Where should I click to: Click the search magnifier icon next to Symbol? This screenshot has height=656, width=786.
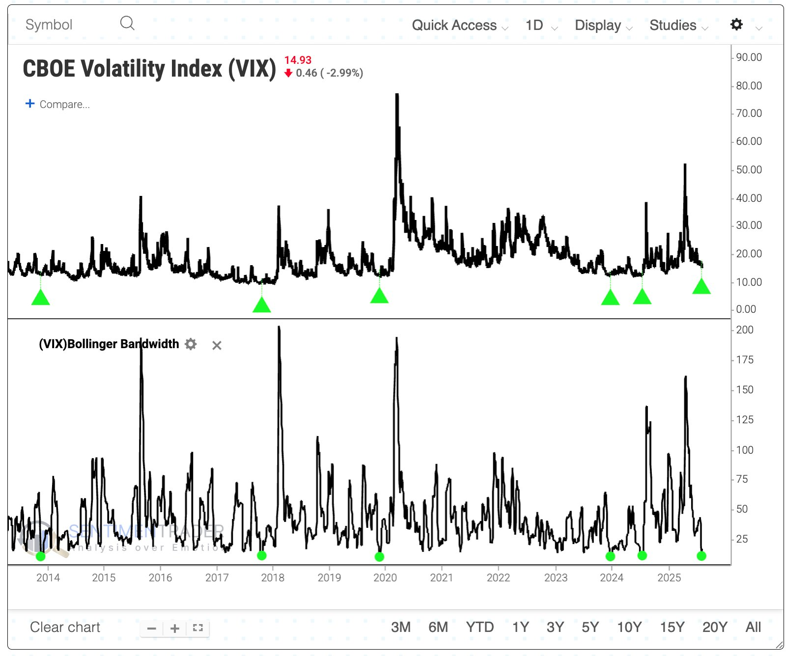(x=127, y=23)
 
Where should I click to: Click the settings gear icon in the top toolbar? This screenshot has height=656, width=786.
(x=736, y=25)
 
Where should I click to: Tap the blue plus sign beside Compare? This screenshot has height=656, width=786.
(x=30, y=104)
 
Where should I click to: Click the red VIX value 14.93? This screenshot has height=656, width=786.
(x=298, y=60)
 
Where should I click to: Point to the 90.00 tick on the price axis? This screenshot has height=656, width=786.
(x=749, y=57)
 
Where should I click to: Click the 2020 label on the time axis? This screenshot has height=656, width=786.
(x=385, y=578)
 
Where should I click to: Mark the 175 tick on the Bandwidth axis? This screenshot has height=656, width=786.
(x=745, y=360)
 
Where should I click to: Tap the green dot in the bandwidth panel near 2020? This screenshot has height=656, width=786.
(x=379, y=557)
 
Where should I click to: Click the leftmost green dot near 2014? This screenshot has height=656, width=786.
(x=41, y=556)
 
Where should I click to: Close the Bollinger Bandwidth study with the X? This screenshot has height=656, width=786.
(x=217, y=346)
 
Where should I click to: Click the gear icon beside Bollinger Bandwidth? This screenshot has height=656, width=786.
(x=191, y=344)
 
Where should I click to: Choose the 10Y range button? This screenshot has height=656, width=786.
(x=629, y=628)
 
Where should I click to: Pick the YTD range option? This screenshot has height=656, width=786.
(x=479, y=628)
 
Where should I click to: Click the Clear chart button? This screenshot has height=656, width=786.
(x=65, y=628)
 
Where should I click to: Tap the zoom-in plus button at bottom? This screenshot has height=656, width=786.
(x=174, y=629)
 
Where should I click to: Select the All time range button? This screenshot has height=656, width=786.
(x=753, y=628)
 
